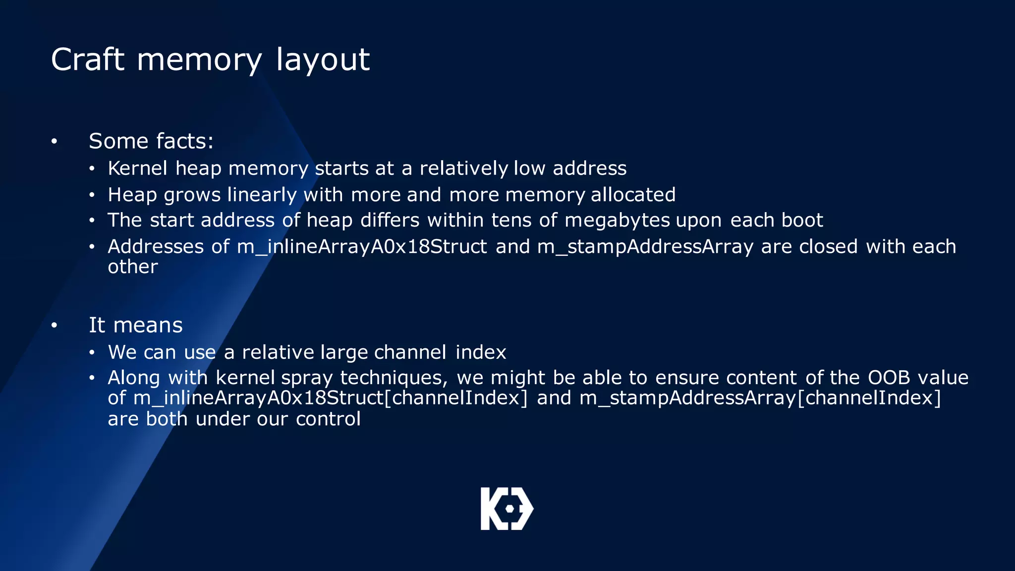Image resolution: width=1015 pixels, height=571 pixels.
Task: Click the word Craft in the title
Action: [87, 59]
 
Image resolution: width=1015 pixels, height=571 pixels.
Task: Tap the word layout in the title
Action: [323, 60]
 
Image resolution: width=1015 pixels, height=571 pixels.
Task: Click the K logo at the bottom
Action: [507, 509]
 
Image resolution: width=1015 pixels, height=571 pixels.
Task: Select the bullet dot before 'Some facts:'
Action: [54, 142]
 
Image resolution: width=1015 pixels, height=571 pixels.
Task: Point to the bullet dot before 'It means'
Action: [54, 326]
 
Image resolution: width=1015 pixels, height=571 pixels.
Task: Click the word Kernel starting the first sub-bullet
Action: [137, 169]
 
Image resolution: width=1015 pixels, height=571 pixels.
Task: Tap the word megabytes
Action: [617, 220]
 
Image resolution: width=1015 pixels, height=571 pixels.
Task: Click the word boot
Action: [802, 220]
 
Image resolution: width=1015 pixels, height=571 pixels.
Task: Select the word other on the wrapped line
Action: [133, 267]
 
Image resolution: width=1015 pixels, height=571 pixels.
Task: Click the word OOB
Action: [889, 378]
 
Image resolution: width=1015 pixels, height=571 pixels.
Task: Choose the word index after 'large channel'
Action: [481, 352]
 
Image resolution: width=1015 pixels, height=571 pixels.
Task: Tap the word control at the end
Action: [328, 419]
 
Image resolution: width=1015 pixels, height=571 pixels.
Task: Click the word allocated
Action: [633, 195]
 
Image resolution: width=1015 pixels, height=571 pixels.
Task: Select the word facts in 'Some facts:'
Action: [181, 141]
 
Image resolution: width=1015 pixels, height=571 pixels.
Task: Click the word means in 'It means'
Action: [148, 326]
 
